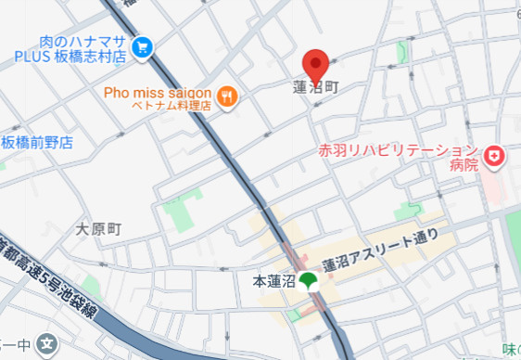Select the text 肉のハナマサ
82,41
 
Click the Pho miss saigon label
159,93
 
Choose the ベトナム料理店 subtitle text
172,106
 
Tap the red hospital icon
496,157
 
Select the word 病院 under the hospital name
464,165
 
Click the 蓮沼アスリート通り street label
380,246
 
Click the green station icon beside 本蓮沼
308,280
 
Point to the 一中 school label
19,345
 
